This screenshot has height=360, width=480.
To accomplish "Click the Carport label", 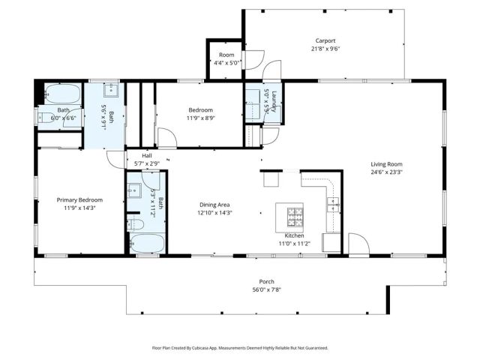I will click(x=325, y=40).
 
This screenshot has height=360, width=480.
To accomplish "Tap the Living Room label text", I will click(x=386, y=164).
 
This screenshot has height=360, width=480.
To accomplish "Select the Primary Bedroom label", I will click(x=79, y=200).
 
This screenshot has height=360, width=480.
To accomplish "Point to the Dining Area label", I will click(x=214, y=205).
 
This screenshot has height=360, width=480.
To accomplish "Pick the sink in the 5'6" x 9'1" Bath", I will click(x=112, y=91).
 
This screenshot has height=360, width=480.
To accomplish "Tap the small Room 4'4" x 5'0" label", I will click(x=226, y=55).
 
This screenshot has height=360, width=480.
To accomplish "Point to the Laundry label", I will click(x=274, y=102).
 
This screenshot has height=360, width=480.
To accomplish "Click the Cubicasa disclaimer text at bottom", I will click(x=239, y=348).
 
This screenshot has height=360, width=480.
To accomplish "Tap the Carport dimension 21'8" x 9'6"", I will click(x=325, y=49).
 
